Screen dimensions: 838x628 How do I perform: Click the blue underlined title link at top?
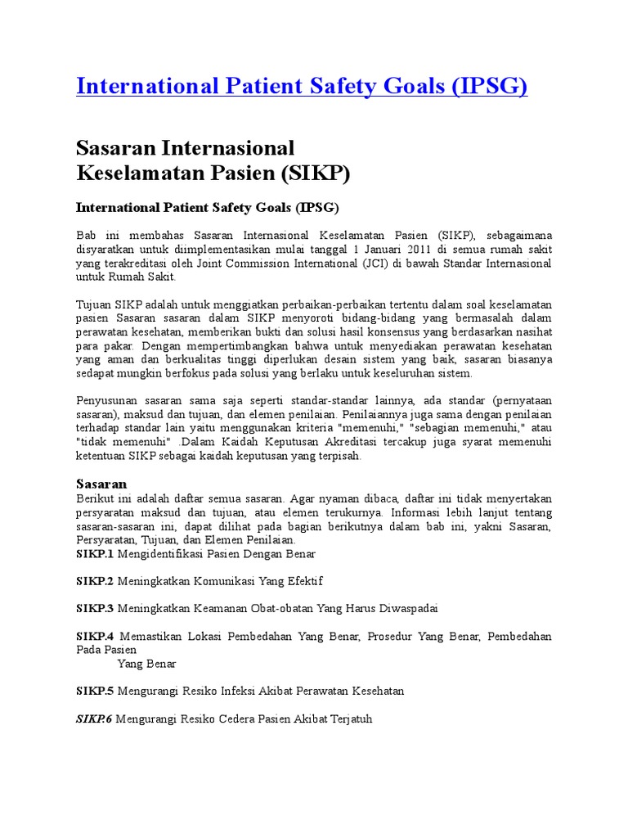click(302, 86)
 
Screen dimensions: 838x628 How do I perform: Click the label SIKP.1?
click(96, 554)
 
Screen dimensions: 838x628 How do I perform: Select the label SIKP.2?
click(96, 581)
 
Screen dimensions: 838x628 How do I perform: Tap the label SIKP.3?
click(96, 609)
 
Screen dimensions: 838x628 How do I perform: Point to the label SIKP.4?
click(96, 636)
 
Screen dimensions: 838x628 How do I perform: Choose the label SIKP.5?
click(96, 691)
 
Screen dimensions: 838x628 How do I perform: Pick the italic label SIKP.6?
click(96, 719)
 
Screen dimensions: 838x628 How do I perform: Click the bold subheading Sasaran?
click(101, 484)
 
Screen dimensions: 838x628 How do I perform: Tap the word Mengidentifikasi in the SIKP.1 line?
click(158, 554)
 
